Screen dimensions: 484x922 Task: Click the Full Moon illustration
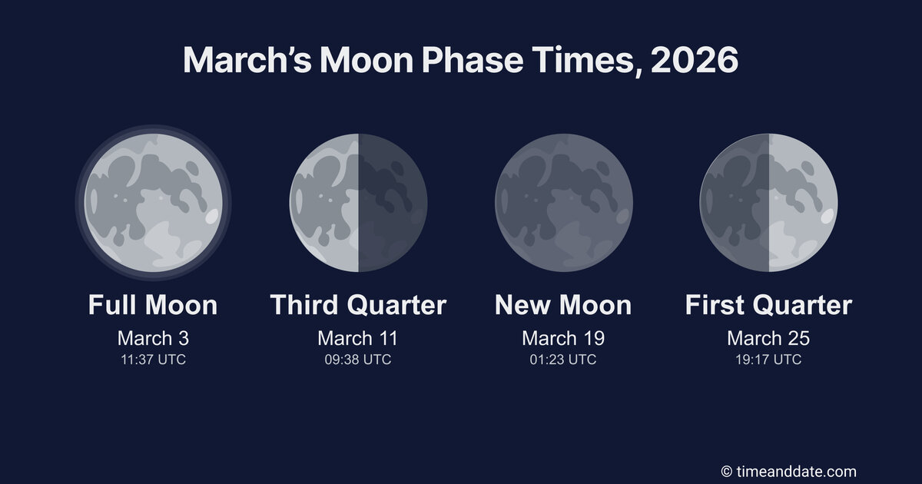point(153,203)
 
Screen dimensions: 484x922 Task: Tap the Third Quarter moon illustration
point(358,203)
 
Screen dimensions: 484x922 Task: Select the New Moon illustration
point(563,203)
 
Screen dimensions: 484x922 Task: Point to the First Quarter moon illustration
point(768,203)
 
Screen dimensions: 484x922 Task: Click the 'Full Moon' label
point(153,305)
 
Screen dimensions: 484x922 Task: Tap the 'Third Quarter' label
point(358,305)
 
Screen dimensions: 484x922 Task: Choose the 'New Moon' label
point(563,305)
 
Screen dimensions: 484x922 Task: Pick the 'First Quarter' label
point(768,305)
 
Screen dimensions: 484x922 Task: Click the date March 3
point(153,338)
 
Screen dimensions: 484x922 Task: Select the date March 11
point(358,338)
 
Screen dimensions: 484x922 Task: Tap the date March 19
point(563,338)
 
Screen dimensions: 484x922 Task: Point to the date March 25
point(768,338)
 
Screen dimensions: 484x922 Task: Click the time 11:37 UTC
point(153,360)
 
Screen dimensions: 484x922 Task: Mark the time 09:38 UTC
point(358,360)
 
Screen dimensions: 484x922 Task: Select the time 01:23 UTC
point(563,360)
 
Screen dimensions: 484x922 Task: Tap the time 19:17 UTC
point(768,360)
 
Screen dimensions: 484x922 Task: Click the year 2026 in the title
point(694,60)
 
